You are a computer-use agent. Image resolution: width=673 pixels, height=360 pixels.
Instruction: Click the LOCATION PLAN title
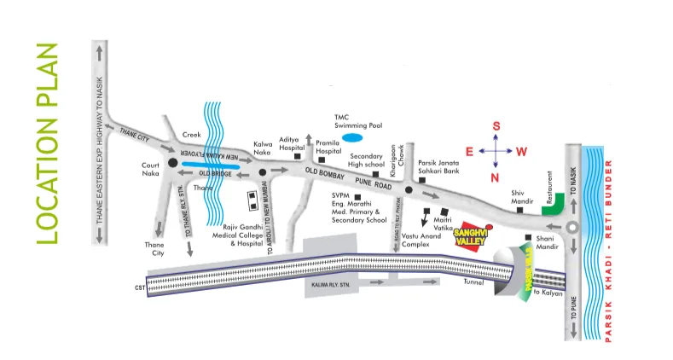(x=49, y=142)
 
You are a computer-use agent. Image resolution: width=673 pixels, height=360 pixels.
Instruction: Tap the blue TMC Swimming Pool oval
(x=351, y=136)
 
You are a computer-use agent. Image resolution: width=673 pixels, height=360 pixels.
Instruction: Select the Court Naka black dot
(x=172, y=162)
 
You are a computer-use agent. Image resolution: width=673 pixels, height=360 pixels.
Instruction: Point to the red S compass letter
(x=496, y=126)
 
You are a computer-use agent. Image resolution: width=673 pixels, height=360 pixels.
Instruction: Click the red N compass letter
(x=495, y=177)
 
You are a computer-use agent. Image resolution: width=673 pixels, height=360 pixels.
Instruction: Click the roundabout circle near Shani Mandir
(x=572, y=226)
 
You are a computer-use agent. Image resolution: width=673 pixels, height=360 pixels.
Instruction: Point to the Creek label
(x=194, y=135)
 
